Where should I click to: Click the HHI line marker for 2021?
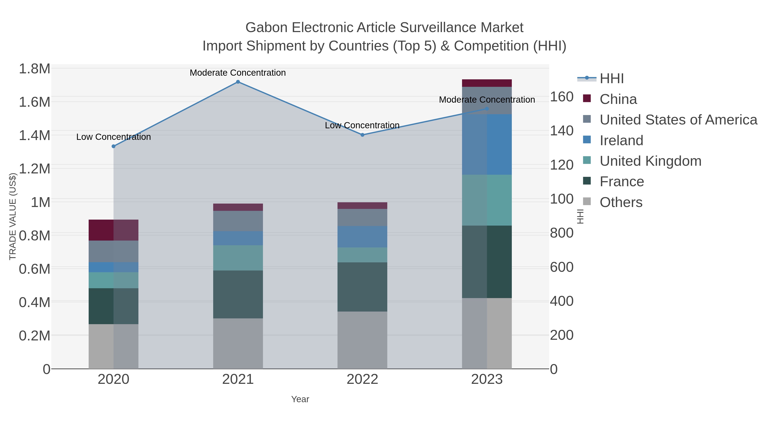pos(238,82)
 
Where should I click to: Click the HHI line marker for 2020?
pos(113,146)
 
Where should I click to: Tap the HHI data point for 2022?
pos(362,135)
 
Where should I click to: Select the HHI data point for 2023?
pos(487,109)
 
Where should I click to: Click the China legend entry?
pos(618,99)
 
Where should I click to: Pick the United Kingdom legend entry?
pos(650,161)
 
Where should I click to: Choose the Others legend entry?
pos(621,202)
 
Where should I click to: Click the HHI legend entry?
pos(611,79)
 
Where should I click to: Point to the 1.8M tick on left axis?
pos(34,69)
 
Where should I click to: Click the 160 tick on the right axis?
pos(562,97)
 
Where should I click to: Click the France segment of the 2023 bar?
pos(487,262)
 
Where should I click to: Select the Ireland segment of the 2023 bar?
pos(487,144)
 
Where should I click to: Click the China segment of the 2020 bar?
pos(113,230)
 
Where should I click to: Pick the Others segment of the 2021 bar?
pos(238,343)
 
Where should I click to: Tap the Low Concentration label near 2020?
pos(113,137)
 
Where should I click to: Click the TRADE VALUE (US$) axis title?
pos(13,216)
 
